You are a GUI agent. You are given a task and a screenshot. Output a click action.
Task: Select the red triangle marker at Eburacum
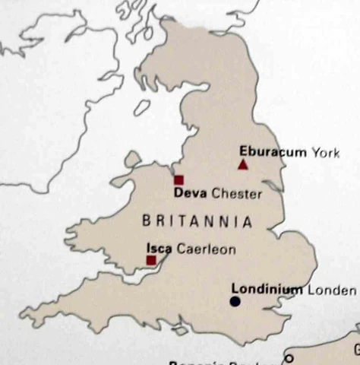[243, 164]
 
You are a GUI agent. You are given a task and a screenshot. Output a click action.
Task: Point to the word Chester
[236, 194]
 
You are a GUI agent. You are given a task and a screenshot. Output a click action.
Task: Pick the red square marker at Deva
[178, 180]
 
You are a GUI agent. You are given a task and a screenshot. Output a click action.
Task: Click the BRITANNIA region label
[197, 221]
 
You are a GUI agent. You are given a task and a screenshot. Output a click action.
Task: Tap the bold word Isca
[159, 249]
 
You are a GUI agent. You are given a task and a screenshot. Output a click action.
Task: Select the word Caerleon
[206, 249]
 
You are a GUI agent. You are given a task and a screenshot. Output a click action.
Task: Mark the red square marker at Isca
[151, 260]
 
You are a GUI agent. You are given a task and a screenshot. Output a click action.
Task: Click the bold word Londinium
[267, 290]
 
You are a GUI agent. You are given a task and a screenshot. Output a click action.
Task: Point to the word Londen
[331, 290]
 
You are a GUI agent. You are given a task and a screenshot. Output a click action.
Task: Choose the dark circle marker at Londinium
[235, 302]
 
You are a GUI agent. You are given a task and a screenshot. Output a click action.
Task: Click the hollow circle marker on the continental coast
[289, 358]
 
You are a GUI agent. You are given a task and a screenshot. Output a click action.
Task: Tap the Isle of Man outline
[141, 108]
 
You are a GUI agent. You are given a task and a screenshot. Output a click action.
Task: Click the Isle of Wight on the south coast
[180, 331]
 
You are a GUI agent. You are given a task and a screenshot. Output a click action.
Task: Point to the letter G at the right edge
[355, 351]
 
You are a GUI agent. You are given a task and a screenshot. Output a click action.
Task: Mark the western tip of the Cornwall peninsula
[24, 313]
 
